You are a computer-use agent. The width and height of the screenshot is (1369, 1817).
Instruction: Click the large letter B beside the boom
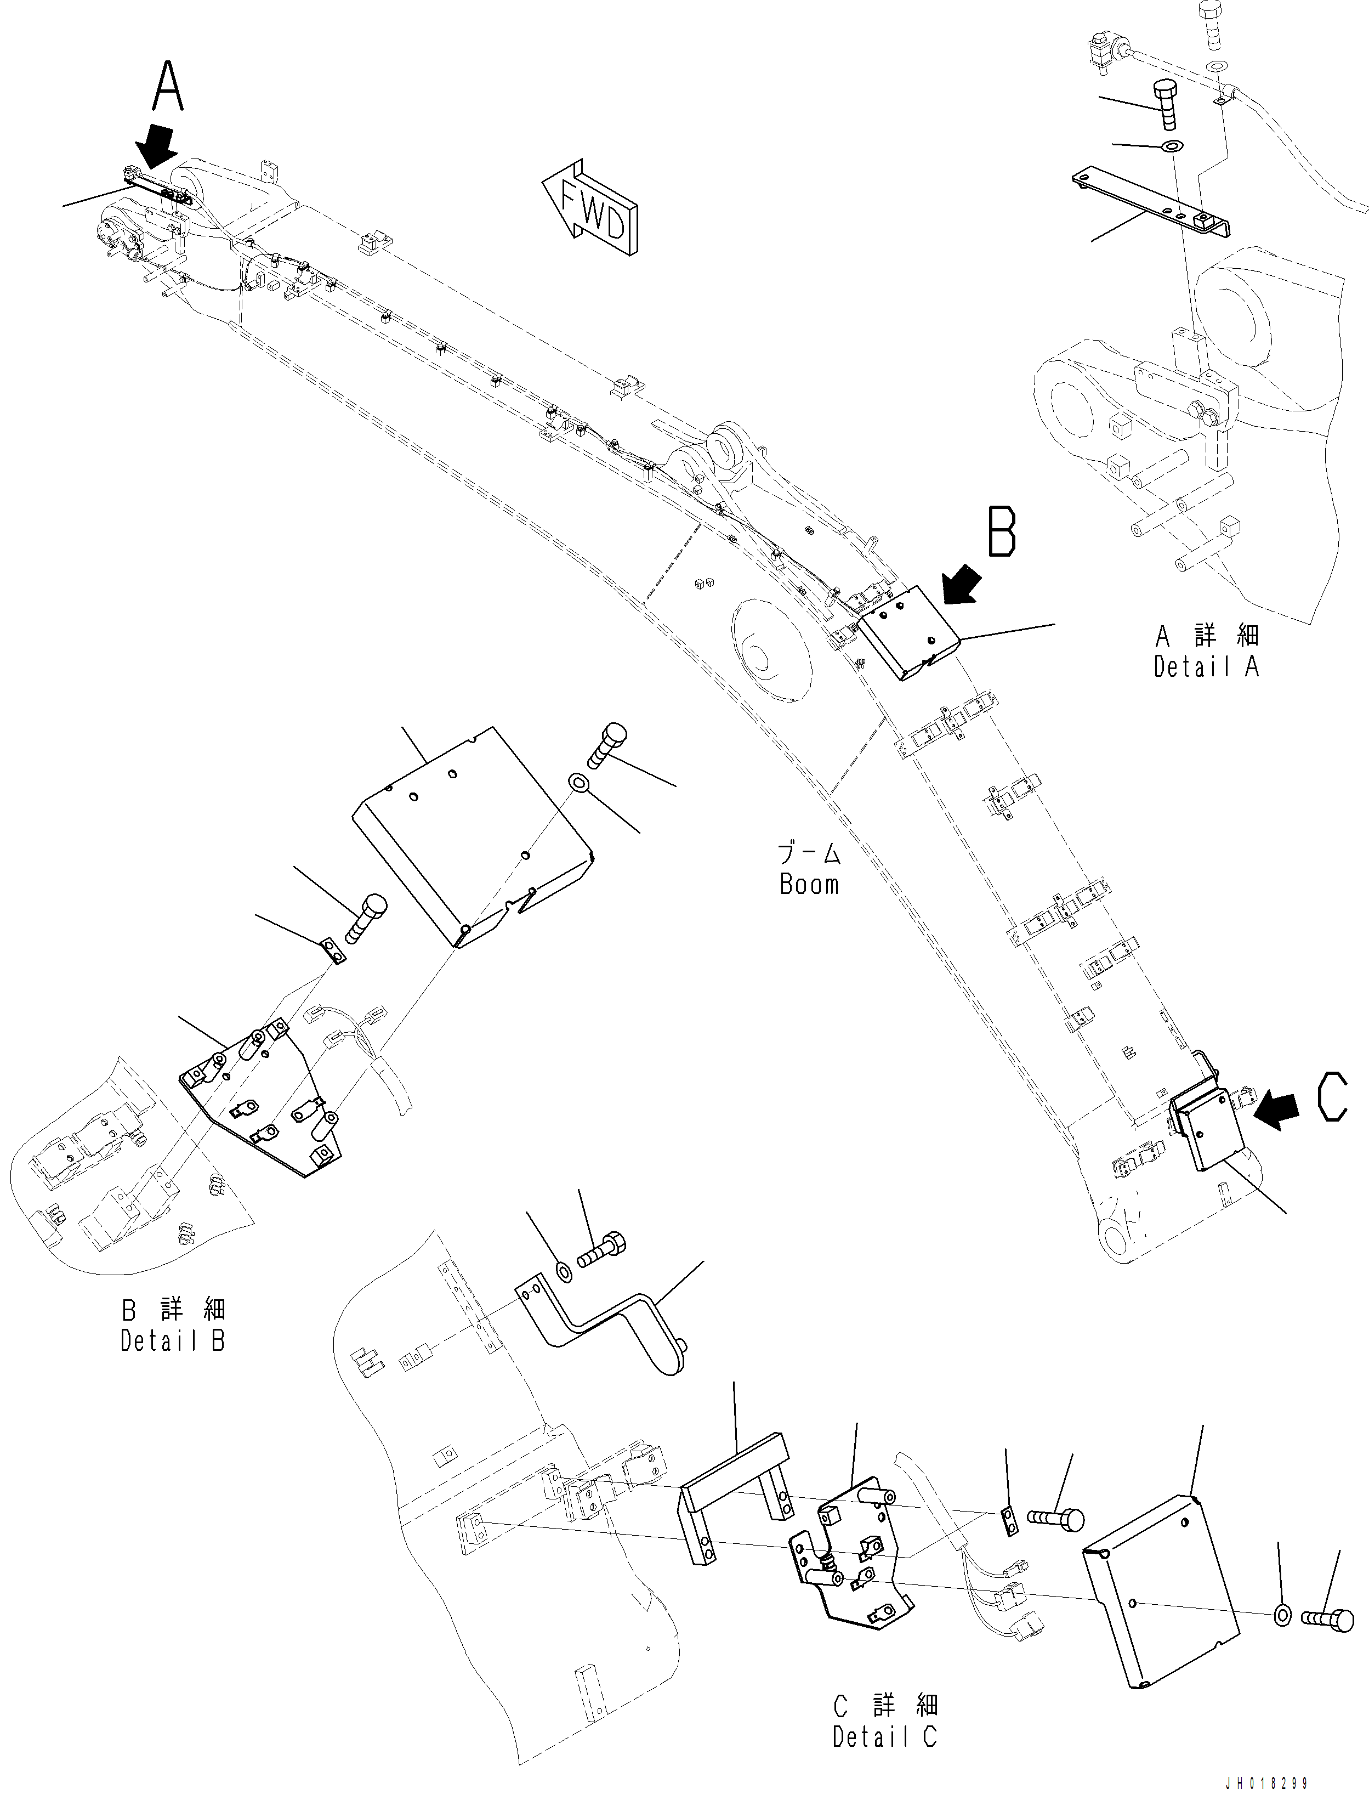point(1002,533)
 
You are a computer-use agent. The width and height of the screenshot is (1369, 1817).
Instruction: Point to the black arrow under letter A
point(158,148)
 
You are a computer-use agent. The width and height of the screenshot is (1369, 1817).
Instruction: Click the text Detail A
point(1206,666)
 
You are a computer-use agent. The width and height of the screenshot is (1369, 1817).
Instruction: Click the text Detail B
point(173,1341)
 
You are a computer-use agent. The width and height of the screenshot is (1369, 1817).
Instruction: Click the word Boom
point(809,885)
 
